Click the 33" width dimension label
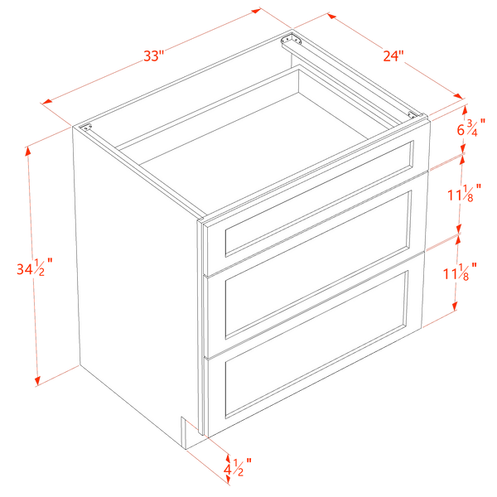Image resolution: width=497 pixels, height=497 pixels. (154, 56)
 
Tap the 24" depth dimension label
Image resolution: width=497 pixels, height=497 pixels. (393, 55)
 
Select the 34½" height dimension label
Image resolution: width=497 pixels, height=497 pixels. (35, 268)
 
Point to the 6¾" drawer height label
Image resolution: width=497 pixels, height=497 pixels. (471, 128)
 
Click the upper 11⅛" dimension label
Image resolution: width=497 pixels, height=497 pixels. (465, 193)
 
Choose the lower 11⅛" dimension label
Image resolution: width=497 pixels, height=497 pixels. (460, 272)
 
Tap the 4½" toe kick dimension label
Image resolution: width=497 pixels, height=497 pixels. (238, 467)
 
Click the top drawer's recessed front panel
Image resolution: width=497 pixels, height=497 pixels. (320, 198)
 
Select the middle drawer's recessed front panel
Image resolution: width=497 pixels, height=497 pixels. (318, 265)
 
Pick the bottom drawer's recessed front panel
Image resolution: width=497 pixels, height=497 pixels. (316, 345)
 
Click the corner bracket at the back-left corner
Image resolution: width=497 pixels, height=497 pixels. (85, 128)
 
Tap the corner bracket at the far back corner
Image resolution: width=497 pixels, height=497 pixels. (291, 40)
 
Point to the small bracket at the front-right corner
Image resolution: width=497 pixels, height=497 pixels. (413, 115)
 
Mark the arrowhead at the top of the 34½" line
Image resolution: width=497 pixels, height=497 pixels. (28, 152)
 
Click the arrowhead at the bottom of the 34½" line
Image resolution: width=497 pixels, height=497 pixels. (38, 381)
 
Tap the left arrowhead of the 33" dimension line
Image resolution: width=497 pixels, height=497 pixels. (46, 101)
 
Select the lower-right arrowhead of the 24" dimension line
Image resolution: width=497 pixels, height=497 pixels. (458, 96)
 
